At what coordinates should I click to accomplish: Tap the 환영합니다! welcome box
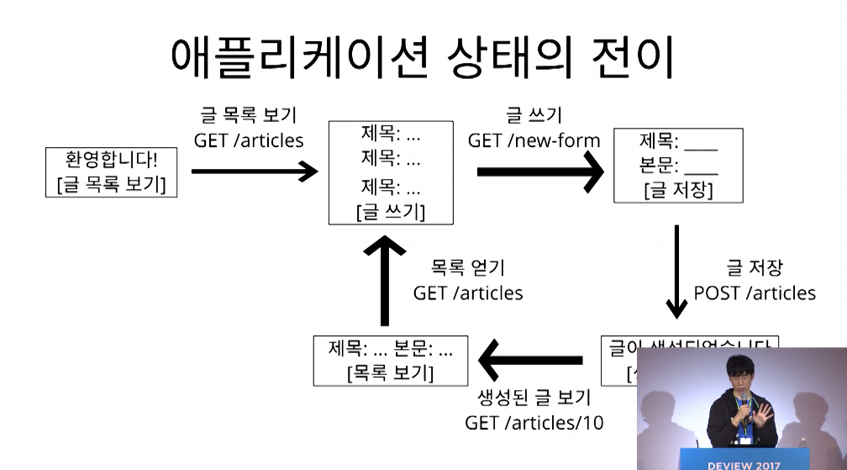(x=112, y=172)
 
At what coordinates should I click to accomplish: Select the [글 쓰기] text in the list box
(x=391, y=212)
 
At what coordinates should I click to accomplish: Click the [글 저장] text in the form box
(x=678, y=190)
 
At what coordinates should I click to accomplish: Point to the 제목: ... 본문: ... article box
(x=391, y=361)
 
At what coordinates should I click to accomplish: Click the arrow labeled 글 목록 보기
(x=255, y=172)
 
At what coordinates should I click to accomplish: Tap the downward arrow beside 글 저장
(x=676, y=269)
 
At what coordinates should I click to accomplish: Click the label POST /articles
(x=755, y=293)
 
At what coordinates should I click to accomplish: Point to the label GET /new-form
(x=534, y=140)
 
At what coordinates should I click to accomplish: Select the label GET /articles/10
(x=534, y=422)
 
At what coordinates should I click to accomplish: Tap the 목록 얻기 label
(x=468, y=267)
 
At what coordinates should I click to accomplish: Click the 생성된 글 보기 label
(x=534, y=397)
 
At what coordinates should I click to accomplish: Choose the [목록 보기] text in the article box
(x=391, y=372)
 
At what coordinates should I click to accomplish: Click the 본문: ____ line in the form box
(x=678, y=166)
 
